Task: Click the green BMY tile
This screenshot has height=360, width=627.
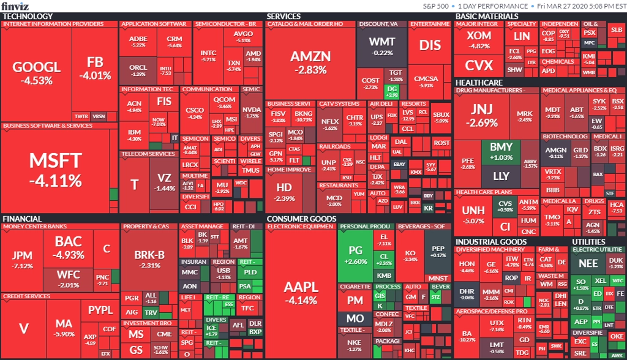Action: pyautogui.click(x=501, y=152)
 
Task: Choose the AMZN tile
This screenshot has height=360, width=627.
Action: pyautogui.click(x=310, y=61)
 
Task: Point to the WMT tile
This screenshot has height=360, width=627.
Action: pyautogui.click(x=383, y=46)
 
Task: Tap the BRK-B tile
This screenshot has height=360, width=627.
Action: pyautogui.click(x=149, y=259)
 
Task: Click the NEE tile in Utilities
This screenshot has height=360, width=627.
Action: pyautogui.click(x=588, y=263)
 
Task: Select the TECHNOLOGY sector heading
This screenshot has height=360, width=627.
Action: pyautogui.click(x=28, y=17)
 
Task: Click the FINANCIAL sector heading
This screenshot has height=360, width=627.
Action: pyautogui.click(x=22, y=219)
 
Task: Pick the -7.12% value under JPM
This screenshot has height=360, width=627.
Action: pyautogui.click(x=22, y=266)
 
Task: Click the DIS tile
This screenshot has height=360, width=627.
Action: pyautogui.click(x=430, y=45)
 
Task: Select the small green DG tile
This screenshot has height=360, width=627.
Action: pyautogui.click(x=392, y=91)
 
